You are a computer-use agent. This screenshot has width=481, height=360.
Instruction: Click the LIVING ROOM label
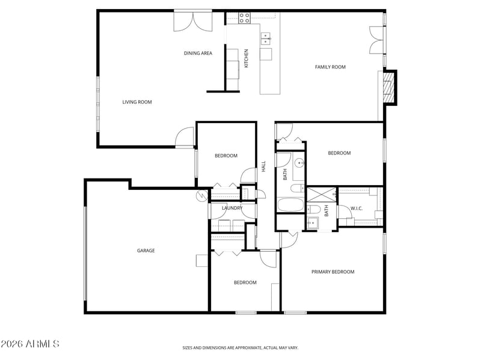[137, 102]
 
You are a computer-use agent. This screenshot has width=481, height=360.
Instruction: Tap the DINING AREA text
[198, 53]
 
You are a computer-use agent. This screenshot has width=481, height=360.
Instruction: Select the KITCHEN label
[246, 58]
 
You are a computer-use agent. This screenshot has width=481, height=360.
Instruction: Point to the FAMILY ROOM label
[330, 67]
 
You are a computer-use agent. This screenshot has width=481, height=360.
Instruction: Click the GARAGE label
[146, 251]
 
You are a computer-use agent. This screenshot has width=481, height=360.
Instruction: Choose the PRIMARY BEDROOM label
[333, 272]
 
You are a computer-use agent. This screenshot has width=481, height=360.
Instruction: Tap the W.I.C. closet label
[357, 209]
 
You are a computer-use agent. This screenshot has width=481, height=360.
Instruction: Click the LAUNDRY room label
[232, 208]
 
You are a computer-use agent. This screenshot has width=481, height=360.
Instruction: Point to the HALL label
[263, 166]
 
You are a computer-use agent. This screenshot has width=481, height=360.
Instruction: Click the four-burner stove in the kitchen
[245, 18]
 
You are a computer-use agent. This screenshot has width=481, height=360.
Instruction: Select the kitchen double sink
[266, 38]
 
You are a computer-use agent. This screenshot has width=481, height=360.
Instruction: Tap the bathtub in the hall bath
[290, 205]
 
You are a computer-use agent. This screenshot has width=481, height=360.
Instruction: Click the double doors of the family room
[376, 40]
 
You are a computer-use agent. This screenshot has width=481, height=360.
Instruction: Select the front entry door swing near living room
[185, 137]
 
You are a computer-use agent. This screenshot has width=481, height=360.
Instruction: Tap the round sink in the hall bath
[299, 163]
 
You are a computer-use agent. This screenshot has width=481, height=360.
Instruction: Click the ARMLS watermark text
[29, 344]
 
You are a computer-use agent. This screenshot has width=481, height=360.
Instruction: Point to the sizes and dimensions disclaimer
[240, 348]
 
